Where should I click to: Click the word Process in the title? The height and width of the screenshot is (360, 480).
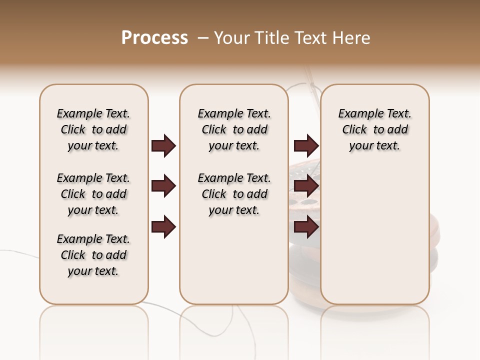coord(154,38)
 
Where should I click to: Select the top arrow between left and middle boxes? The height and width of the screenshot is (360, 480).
coord(163,145)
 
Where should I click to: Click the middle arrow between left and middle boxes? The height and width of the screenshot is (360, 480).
coord(163,186)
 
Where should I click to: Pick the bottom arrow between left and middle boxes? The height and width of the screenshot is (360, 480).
coord(163,227)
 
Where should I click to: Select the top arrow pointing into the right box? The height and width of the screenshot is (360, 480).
coord(306,145)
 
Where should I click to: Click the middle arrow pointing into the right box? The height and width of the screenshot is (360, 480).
coord(306,186)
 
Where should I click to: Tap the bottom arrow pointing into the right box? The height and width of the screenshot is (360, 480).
coord(306,227)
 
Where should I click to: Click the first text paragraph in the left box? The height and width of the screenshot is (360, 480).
coord(93,129)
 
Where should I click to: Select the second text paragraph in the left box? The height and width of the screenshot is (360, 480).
coord(93,194)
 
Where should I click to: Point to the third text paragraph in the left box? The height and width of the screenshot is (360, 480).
coord(93,255)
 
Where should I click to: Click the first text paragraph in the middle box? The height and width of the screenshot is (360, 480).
coord(234,129)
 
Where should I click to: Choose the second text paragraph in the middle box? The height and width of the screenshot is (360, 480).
coord(234,194)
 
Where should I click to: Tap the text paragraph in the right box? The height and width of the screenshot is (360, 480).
coord(374,129)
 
